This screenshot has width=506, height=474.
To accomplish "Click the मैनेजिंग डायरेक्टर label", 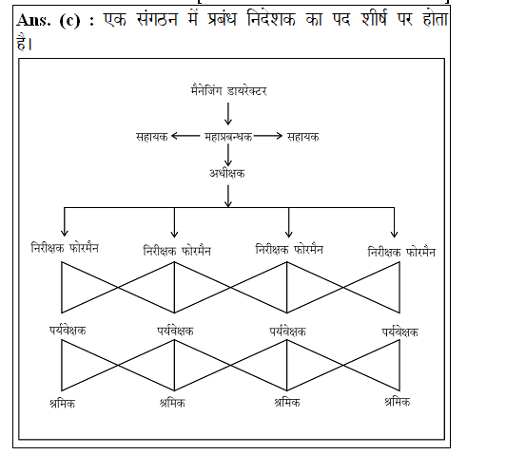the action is click(228, 90).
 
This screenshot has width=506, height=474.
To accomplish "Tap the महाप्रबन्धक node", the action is click(228, 137).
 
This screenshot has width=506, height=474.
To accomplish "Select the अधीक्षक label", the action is click(227, 174).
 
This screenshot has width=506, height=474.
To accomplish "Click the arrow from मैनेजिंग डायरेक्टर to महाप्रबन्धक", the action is click(228, 114).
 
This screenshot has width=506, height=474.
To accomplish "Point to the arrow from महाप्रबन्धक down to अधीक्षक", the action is click(228, 155).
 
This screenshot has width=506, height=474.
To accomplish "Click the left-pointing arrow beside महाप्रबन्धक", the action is click(185, 136).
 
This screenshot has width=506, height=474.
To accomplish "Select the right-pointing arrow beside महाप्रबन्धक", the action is click(268, 136).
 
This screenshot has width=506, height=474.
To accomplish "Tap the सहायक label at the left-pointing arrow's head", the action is click(151, 137).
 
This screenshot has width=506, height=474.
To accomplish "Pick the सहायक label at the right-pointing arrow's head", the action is click(303, 137).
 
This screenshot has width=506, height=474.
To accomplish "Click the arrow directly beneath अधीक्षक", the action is click(228, 196).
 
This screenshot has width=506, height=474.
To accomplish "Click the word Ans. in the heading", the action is click(33, 20).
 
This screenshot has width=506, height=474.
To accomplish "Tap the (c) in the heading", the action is click(69, 21).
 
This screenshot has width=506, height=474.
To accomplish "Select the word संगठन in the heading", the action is click(157, 19).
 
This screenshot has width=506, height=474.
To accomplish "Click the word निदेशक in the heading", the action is click(271, 19).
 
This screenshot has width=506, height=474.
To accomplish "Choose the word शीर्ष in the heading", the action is click(374, 19).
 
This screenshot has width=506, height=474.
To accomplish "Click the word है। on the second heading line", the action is click(24, 42).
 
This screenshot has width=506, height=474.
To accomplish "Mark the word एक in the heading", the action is click(115, 19).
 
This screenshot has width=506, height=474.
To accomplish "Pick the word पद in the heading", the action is click(341, 19).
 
